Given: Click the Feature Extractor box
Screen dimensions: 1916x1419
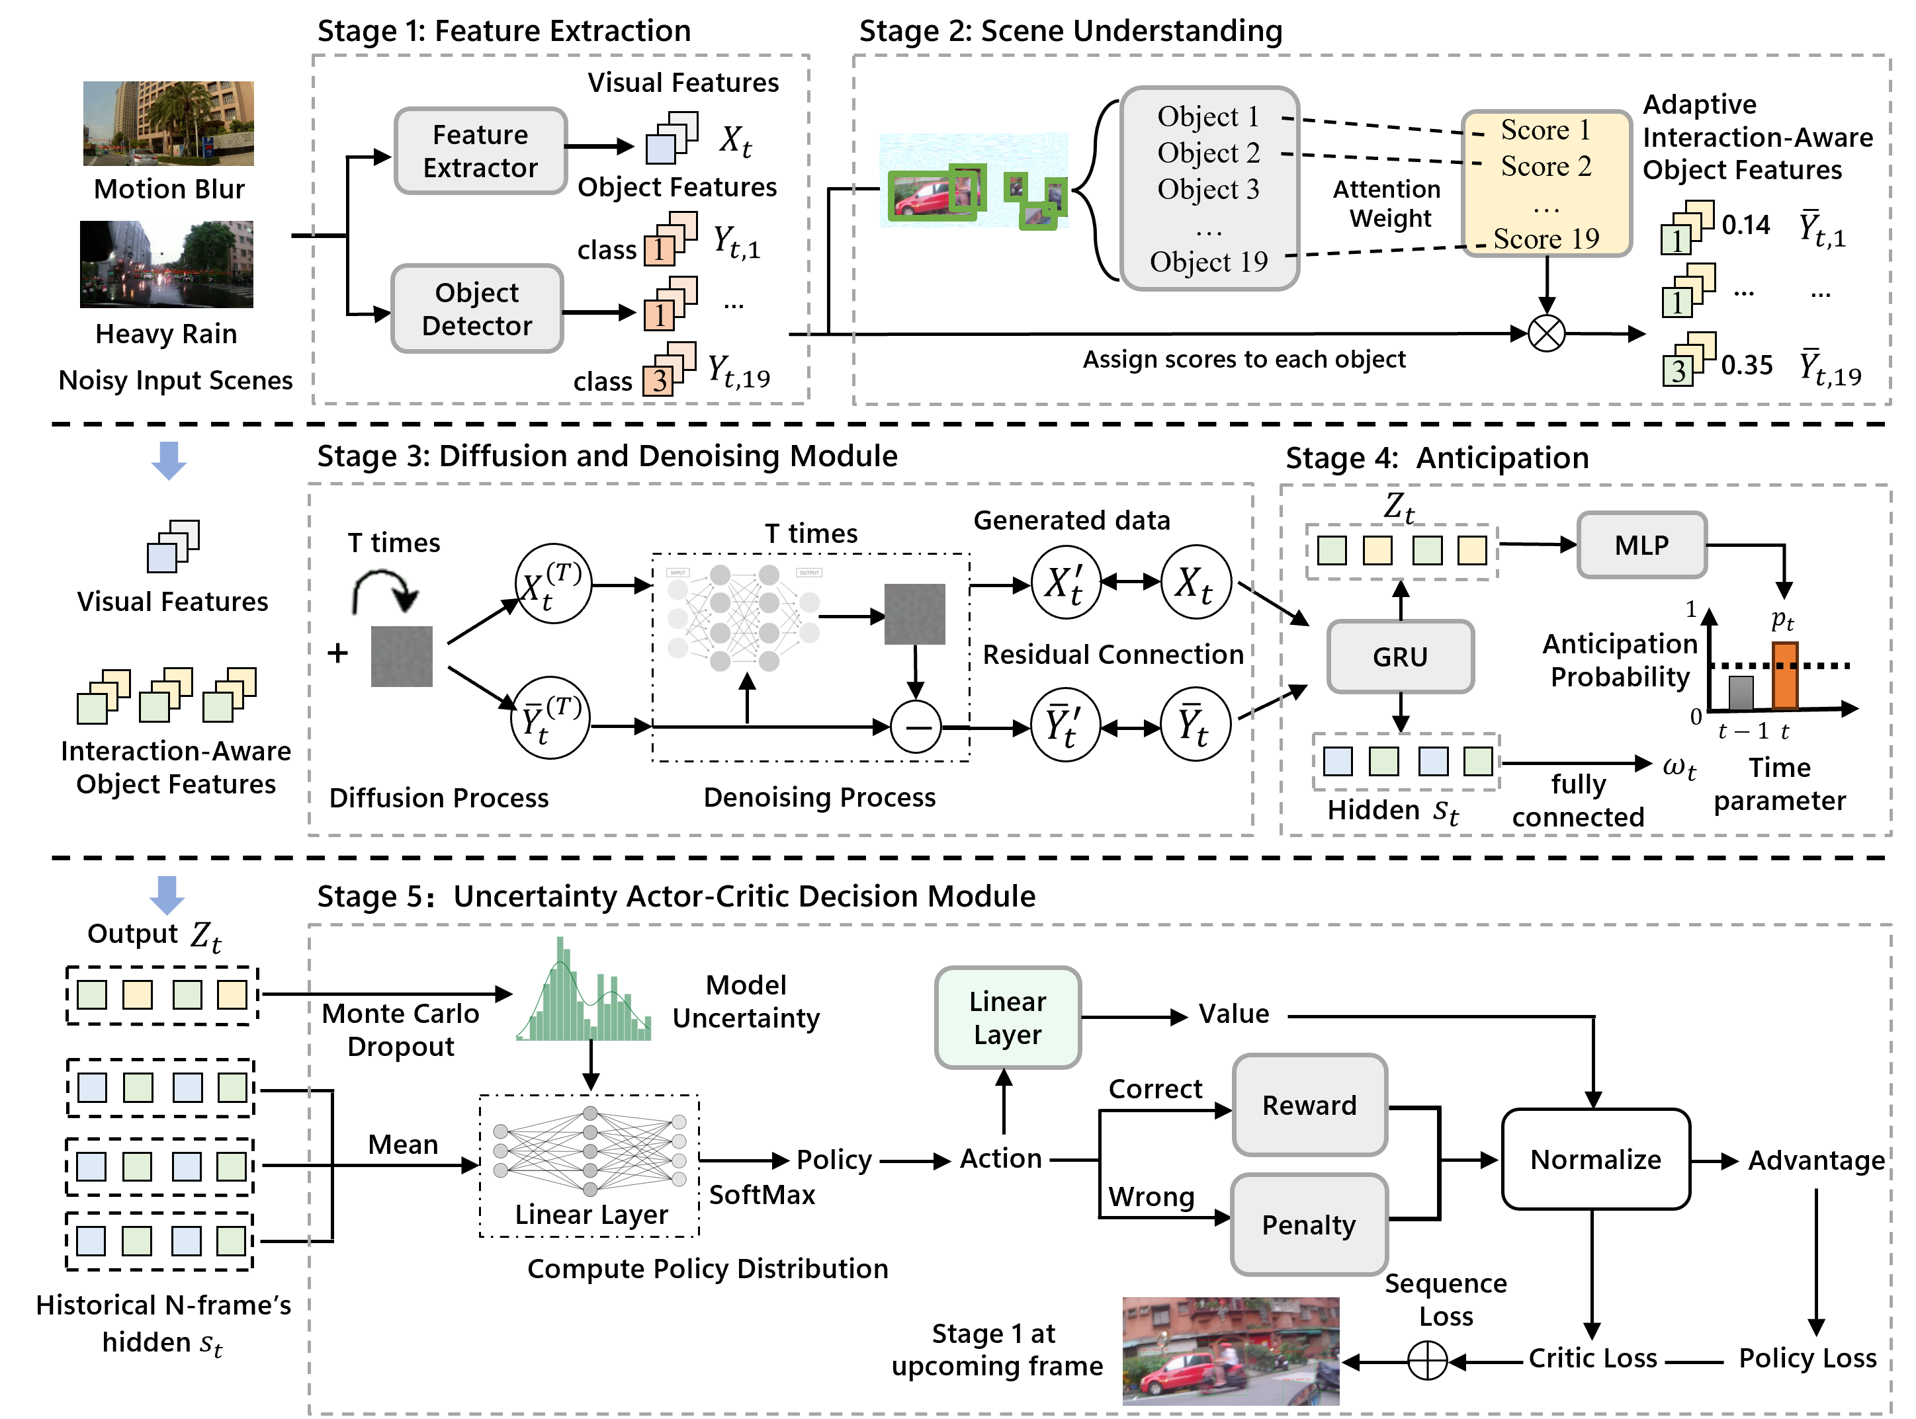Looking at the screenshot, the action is [x=480, y=151].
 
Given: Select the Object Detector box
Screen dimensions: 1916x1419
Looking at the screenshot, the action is [x=477, y=308].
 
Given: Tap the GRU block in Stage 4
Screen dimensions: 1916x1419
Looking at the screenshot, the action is [x=1401, y=656].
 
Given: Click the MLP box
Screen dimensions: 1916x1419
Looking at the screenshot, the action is [x=1642, y=545].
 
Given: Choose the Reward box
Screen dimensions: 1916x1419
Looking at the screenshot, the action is [x=1309, y=1105].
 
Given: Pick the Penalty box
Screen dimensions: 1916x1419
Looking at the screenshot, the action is [x=1309, y=1224].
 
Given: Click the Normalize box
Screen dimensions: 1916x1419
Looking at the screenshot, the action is [x=1596, y=1160].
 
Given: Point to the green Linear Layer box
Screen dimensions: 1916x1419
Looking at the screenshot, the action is [x=1008, y=1018].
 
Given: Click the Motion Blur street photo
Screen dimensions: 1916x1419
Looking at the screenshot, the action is [x=169, y=124].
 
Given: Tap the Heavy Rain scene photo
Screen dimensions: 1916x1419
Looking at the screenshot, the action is [x=167, y=264].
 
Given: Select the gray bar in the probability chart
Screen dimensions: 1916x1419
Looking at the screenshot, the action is [x=1741, y=693].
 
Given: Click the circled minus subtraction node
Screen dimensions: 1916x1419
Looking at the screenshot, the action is [x=916, y=727].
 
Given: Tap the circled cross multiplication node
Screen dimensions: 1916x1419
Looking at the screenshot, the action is [x=1547, y=333].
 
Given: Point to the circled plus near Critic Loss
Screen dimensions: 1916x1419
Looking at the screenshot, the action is [x=1427, y=1361].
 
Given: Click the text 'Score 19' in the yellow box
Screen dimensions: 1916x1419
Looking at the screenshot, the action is [x=1547, y=238].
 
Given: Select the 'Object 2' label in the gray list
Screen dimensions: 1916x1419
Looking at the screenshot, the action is [x=1209, y=153].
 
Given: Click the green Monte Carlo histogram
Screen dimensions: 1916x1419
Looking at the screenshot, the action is [x=584, y=989].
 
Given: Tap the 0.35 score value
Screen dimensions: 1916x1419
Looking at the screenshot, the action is [x=1747, y=365].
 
